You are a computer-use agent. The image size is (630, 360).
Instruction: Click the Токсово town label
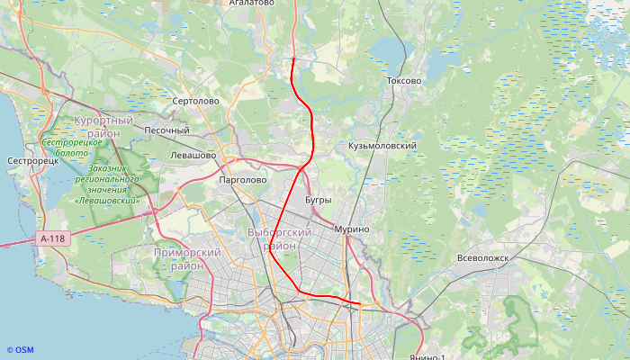(x=403, y=81)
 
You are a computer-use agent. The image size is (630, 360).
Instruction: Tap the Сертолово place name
(x=195, y=101)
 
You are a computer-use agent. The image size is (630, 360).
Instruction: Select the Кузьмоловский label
(x=382, y=145)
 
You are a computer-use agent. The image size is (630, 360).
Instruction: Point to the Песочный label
(x=166, y=130)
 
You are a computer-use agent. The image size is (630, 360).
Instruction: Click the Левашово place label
(x=193, y=156)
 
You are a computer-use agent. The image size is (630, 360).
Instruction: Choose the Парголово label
(x=243, y=180)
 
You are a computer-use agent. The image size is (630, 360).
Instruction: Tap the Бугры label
(x=319, y=200)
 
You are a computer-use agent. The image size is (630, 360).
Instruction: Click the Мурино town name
(x=352, y=229)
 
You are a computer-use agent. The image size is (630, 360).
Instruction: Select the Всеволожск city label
(x=483, y=257)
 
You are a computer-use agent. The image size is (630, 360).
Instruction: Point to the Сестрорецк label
(x=32, y=161)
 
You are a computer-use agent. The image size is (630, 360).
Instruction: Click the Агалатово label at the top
(x=251, y=4)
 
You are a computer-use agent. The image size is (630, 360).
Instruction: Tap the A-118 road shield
(x=53, y=238)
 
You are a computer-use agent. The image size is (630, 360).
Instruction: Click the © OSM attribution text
(x=20, y=350)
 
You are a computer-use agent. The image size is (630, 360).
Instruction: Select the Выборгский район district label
(x=279, y=238)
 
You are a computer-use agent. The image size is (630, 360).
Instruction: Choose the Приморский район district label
(x=187, y=259)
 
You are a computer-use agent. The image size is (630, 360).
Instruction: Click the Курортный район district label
(x=103, y=126)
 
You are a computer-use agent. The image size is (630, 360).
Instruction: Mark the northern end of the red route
(x=293, y=59)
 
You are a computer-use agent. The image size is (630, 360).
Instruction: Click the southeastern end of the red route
(x=361, y=304)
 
